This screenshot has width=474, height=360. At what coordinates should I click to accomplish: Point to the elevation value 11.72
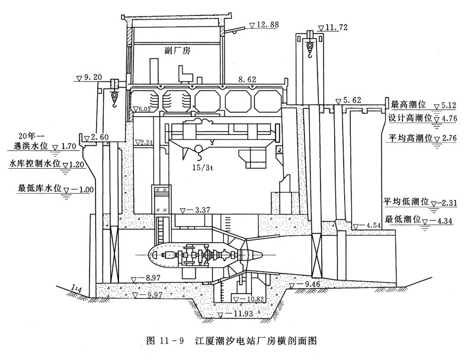click(x=340, y=28)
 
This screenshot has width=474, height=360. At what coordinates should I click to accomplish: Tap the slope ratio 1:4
click(x=75, y=287)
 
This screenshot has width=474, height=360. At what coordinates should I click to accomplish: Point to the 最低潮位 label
click(x=402, y=219)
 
